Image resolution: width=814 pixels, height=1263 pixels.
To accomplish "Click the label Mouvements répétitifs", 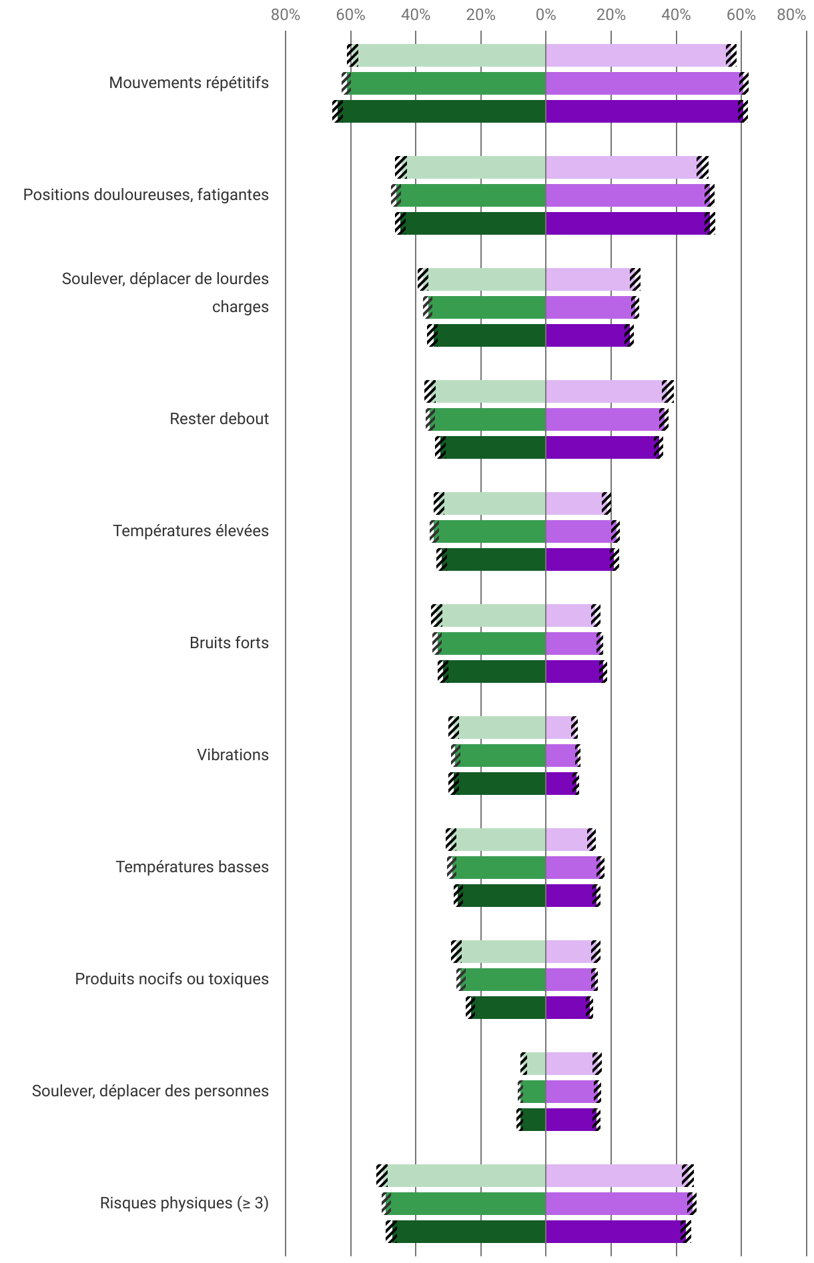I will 189,83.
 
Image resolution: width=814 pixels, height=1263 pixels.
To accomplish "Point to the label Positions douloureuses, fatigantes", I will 146,195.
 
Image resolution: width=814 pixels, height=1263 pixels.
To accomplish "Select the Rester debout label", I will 219,419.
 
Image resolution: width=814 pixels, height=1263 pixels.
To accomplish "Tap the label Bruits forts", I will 229,643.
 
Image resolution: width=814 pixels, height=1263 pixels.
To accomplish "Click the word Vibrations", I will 232,755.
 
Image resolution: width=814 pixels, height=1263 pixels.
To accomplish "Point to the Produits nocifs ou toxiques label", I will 171,979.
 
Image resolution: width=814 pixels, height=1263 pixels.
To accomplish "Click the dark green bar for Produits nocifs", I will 508,1008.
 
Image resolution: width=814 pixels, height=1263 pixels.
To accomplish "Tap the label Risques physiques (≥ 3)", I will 184,1203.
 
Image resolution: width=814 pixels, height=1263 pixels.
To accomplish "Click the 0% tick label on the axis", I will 546,15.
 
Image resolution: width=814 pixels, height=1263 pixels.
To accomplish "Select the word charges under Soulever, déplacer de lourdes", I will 240,307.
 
